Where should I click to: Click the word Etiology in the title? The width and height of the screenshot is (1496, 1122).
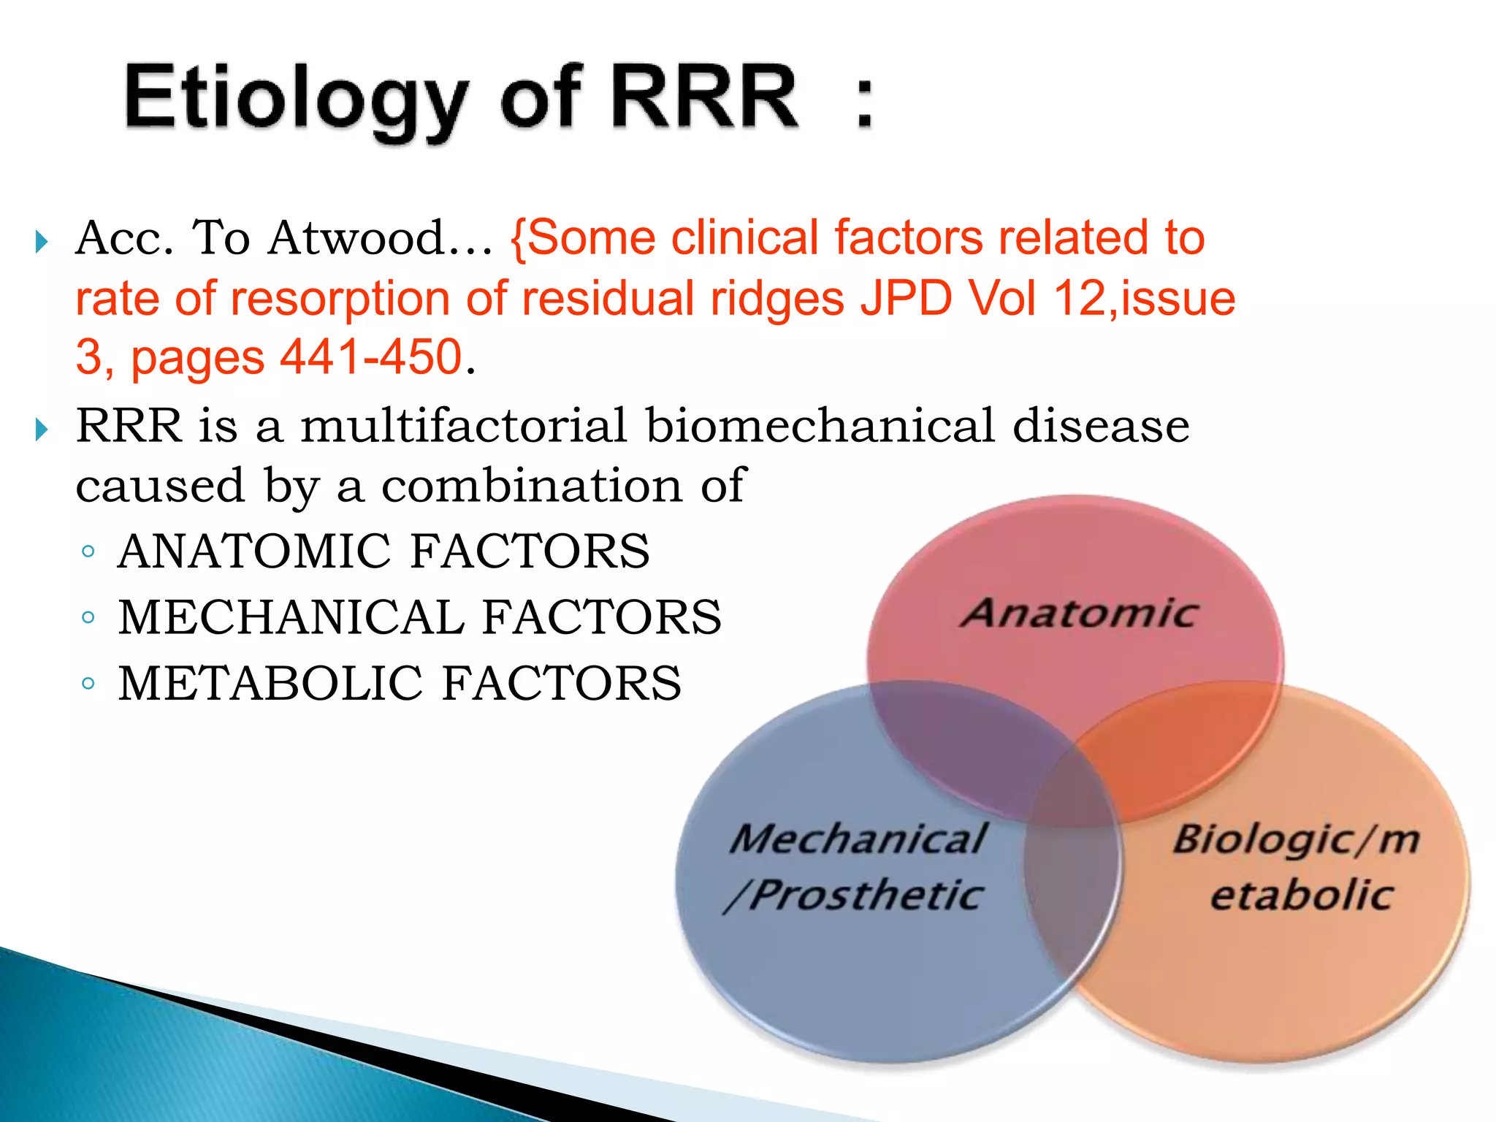(296, 99)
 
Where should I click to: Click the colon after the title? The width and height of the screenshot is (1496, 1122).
(864, 102)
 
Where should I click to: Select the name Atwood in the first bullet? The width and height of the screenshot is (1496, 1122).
(356, 238)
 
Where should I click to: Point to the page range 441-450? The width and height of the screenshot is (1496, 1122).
(372, 357)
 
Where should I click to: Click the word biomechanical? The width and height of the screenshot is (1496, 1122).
(820, 425)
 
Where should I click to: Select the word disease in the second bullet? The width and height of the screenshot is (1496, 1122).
(1101, 425)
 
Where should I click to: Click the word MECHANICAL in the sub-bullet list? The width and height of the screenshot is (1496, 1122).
(291, 617)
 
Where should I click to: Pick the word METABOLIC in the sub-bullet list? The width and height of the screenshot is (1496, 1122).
(270, 684)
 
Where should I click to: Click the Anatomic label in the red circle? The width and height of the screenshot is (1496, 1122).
(1078, 614)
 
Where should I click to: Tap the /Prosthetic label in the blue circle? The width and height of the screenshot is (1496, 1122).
(855, 896)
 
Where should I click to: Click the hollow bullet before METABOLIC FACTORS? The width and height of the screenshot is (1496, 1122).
(88, 684)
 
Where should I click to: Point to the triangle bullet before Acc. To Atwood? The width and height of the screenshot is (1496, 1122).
(42, 241)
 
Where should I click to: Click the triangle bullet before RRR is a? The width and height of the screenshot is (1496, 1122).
(42, 429)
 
